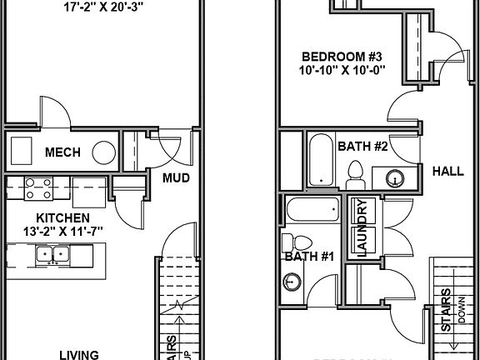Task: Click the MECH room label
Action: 62,152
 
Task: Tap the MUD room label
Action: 176,178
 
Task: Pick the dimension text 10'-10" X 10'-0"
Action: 342,72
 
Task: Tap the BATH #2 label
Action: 363,147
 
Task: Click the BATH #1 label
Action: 309,257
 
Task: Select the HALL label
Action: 447,172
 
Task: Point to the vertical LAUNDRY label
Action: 363,228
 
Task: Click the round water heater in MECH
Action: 104,152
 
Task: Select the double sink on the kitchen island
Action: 53,254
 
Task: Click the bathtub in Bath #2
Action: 318,159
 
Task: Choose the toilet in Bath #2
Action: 355,175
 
